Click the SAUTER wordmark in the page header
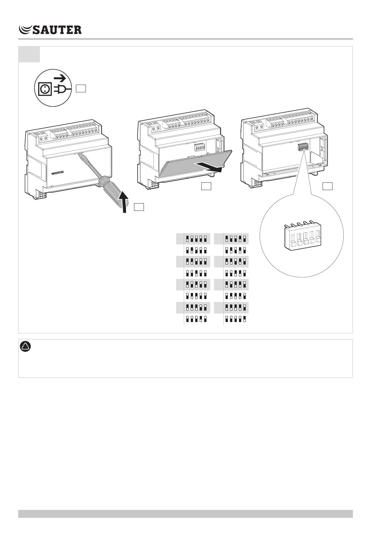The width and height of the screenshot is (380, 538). pyautogui.click(x=57, y=30)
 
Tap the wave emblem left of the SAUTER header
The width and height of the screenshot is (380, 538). pyautogui.click(x=25, y=30)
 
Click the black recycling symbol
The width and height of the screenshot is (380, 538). pyautogui.click(x=26, y=347)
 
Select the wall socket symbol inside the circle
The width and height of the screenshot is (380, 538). pyautogui.click(x=45, y=89)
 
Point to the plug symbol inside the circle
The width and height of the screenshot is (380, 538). pyautogui.click(x=62, y=89)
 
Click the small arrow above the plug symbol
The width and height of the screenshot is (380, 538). pyautogui.click(x=59, y=78)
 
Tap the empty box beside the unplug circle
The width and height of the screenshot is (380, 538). pyautogui.click(x=81, y=88)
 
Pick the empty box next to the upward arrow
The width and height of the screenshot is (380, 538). pyautogui.click(x=139, y=207)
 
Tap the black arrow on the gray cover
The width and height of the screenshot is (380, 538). pyautogui.click(x=208, y=167)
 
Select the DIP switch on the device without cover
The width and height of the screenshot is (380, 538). pyautogui.click(x=303, y=147)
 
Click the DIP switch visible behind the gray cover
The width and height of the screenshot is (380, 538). pyautogui.click(x=200, y=147)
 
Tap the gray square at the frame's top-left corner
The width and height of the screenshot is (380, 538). pyautogui.click(x=29, y=54)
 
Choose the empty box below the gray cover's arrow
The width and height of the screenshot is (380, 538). pyautogui.click(x=206, y=186)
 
